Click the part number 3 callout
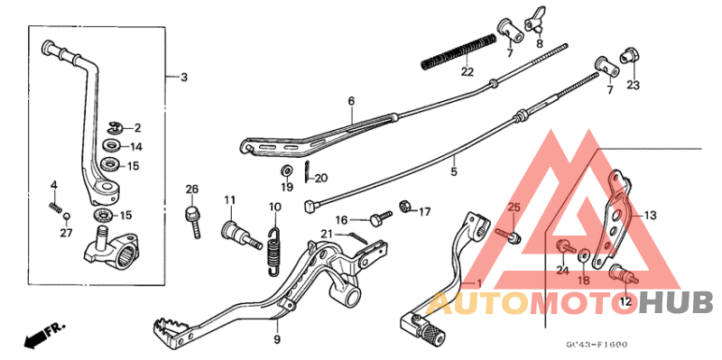pos(183,78)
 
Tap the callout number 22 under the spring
pos(466,72)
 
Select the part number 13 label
pos(650,216)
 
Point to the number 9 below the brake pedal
pos(278,340)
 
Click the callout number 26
pos(191,189)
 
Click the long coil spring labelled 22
pos(459,51)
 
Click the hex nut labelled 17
pos(406,208)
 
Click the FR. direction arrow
pos(35,337)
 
